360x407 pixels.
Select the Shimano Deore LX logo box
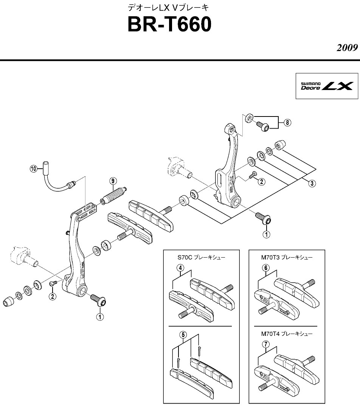click(x=326, y=86)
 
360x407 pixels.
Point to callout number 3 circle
click(x=311, y=184)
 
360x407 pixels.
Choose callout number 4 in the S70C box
click(x=182, y=267)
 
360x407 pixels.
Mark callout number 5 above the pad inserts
click(x=183, y=334)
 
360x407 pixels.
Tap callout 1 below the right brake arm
click(x=266, y=234)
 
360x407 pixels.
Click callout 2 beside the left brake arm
click(x=53, y=296)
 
